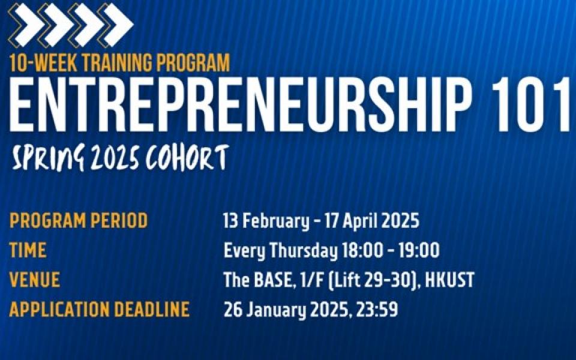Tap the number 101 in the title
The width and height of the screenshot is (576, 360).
tap(533, 104)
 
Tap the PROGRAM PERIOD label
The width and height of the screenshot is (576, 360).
tap(79, 220)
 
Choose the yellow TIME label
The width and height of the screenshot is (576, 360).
tap(28, 250)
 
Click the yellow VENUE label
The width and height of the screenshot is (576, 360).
tap(35, 280)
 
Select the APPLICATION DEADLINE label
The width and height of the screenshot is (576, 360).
tap(99, 310)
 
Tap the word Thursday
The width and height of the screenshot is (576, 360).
tap(304, 251)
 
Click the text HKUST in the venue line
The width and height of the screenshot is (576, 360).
tap(449, 280)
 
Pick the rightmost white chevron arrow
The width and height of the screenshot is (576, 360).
tap(118, 25)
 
